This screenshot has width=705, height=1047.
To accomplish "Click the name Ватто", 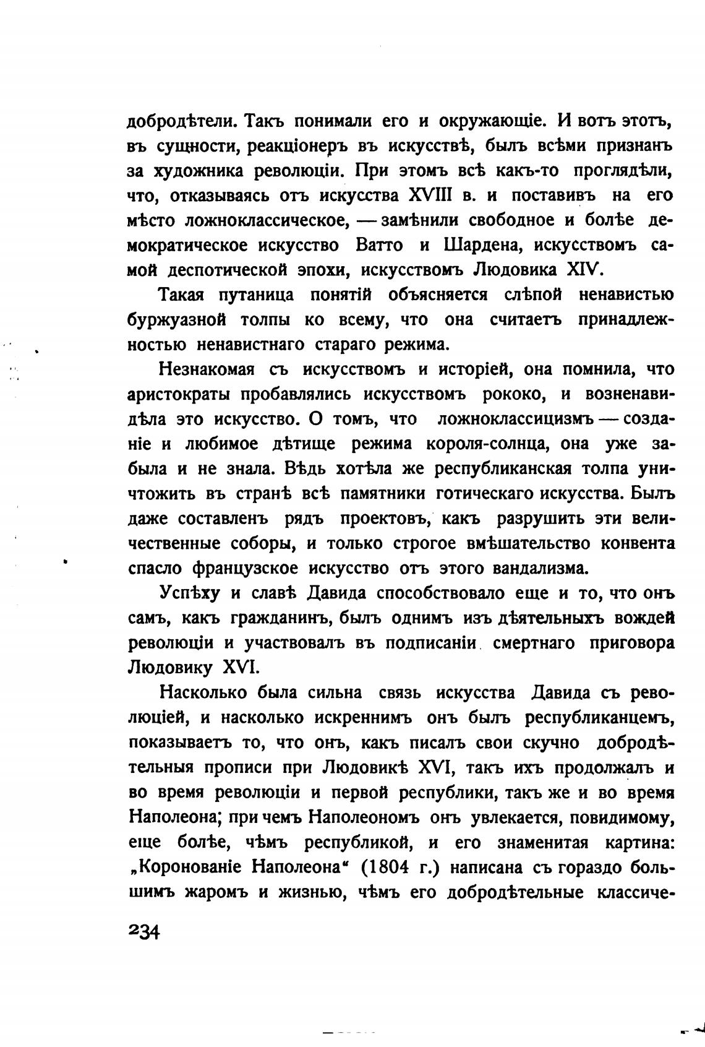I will pos(380,245).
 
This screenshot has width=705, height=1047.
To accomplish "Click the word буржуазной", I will pos(174,320).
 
